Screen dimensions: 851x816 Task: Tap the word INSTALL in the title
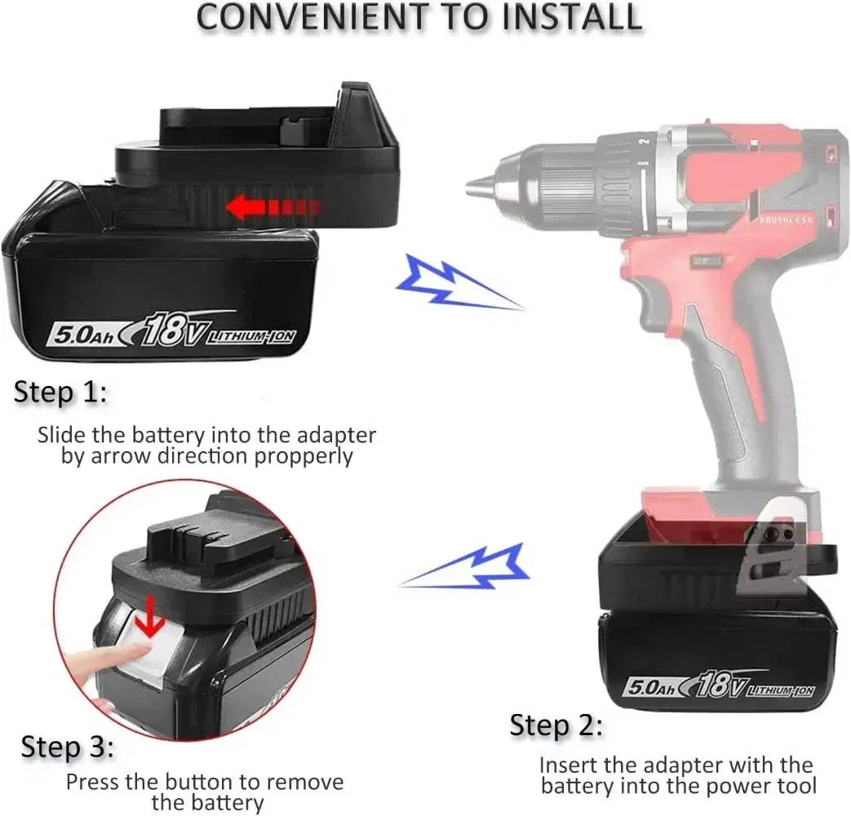[x=572, y=17]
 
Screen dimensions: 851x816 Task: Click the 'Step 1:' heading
[x=60, y=392]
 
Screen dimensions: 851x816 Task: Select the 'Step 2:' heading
[x=556, y=725]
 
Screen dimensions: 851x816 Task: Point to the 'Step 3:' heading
[x=67, y=747]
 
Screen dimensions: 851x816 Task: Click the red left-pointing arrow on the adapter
[x=273, y=207]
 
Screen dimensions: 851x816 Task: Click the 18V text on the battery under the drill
[x=723, y=684]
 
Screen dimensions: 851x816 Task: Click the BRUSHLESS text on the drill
[x=786, y=220]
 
